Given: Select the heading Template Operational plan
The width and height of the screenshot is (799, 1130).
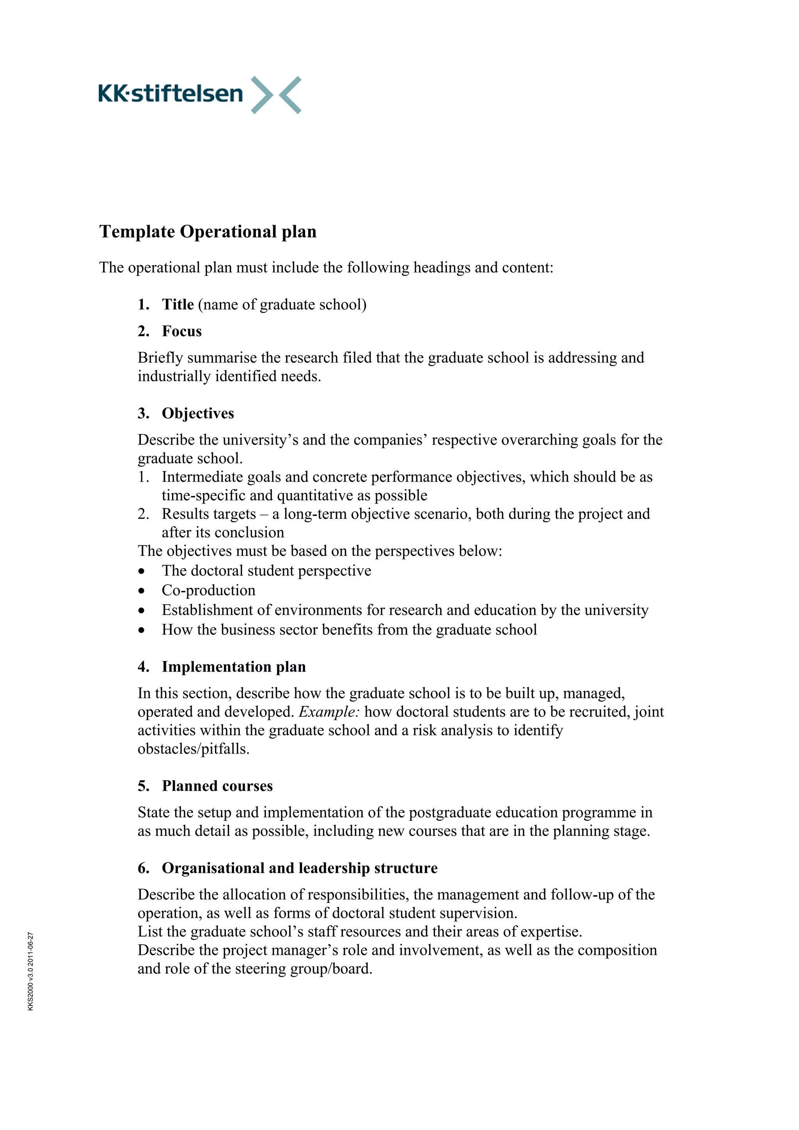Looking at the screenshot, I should pos(208,232).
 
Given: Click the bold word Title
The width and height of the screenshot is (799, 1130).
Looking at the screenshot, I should pos(178,305).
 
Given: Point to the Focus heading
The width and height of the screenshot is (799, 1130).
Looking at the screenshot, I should pos(182,331).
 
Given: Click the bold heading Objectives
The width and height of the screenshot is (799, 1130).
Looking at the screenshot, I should pos(198,413).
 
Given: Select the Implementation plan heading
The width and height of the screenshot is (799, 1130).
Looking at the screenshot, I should pos(234,667).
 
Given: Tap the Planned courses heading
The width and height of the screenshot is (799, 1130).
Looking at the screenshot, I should pos(217,786).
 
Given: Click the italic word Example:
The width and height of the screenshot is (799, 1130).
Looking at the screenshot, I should pos(329,712).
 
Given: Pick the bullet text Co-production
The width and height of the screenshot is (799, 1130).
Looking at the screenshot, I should pos(209,591).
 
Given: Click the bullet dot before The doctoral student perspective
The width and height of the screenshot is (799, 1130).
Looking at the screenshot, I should pos(142,571).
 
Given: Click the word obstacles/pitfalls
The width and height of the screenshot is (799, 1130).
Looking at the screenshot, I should pos(194,749).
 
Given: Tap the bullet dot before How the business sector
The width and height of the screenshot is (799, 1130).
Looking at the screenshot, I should pos(142,630).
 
